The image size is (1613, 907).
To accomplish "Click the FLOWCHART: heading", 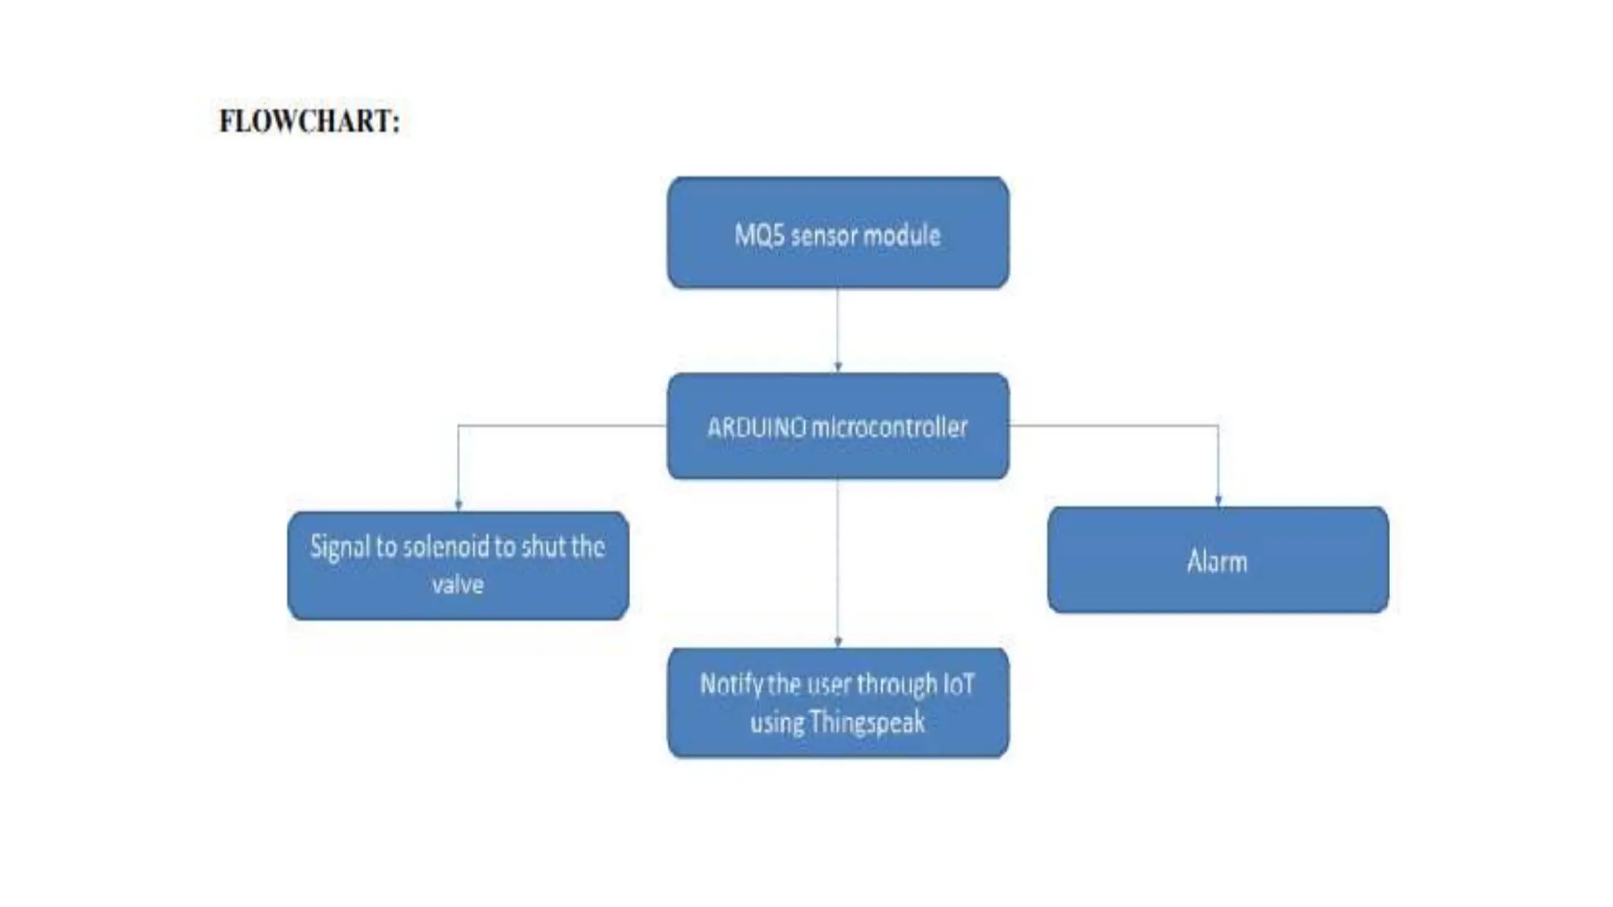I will click(x=310, y=121).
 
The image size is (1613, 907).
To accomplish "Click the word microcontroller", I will click(x=889, y=428).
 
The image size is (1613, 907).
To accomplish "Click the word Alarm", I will click(x=1217, y=562).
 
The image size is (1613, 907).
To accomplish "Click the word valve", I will click(x=458, y=585).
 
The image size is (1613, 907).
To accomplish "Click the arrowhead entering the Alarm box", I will click(x=1218, y=501).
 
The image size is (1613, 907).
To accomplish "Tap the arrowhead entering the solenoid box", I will click(x=458, y=505).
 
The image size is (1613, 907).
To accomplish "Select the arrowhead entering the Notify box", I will click(x=838, y=642).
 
